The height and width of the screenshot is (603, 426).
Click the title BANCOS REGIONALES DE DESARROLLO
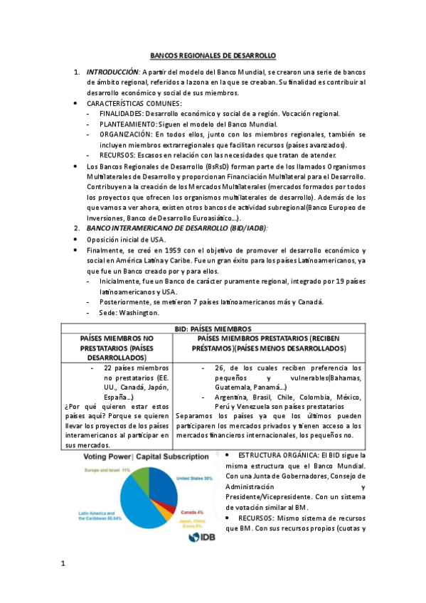pyautogui.click(x=213, y=55)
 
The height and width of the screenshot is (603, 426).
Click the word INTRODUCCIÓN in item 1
pyautogui.click(x=113, y=73)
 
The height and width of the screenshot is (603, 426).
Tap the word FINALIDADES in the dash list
pyautogui.click(x=122, y=114)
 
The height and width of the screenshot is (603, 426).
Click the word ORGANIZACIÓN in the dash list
pyautogui.click(x=126, y=134)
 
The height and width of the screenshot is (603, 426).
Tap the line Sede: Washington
pyautogui.click(x=130, y=311)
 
